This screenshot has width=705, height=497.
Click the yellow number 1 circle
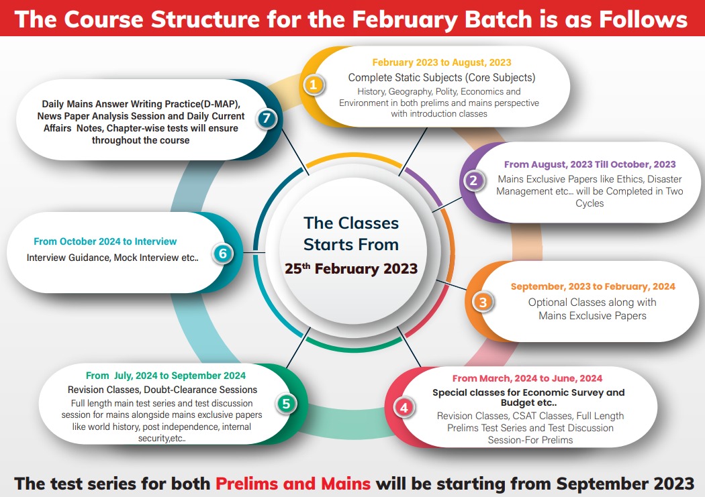314,85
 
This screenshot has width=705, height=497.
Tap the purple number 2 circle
473,180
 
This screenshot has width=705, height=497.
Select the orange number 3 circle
483,302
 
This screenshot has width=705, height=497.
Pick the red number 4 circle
404,408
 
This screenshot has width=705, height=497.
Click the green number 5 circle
286,404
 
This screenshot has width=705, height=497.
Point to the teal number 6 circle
222,254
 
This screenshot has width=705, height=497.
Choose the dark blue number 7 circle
267,118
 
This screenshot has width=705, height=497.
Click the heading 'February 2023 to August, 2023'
442,62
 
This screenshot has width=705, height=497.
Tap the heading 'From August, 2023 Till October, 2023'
590,164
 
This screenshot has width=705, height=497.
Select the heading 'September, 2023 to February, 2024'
593,286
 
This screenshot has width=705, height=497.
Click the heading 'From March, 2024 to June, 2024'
527,378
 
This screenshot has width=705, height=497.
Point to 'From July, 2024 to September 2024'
166,376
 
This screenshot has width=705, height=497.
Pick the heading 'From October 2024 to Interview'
105,241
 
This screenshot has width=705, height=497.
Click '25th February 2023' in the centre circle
351,268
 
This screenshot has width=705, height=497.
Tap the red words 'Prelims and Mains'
293,484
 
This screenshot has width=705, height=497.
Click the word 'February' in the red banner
404,19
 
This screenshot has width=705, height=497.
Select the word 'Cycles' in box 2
590,203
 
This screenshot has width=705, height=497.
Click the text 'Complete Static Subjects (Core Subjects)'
442,78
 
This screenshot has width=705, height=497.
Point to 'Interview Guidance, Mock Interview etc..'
112,258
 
